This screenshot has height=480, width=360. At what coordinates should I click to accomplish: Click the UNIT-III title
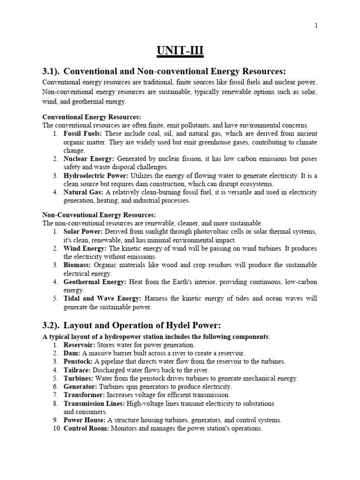coord(180,49)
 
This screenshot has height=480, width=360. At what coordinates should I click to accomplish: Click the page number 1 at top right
coord(316,26)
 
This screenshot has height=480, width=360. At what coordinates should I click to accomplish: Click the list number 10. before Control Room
coord(56,428)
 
